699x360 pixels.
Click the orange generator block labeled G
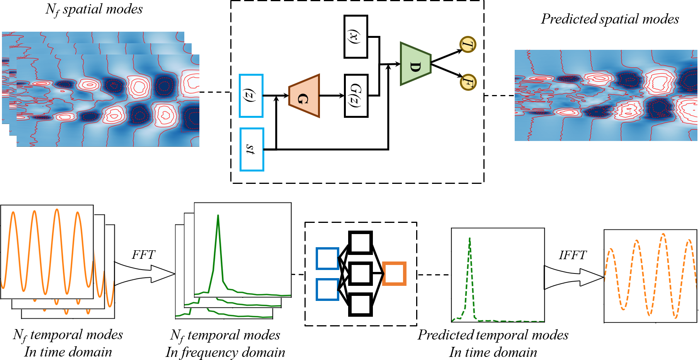(x=304, y=96)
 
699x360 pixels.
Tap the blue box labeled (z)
(x=251, y=96)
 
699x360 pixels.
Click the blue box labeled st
(x=252, y=149)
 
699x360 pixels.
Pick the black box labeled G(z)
(x=356, y=96)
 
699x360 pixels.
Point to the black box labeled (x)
(x=355, y=37)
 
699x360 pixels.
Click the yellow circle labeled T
(x=468, y=45)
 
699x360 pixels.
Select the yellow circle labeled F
(x=468, y=82)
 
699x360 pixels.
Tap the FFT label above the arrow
(x=143, y=255)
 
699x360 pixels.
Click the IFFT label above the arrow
(x=573, y=255)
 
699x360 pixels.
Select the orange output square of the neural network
(x=394, y=273)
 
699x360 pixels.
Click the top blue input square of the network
(x=327, y=258)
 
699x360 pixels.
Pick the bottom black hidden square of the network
(x=360, y=304)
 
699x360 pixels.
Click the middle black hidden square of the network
(x=360, y=273)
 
